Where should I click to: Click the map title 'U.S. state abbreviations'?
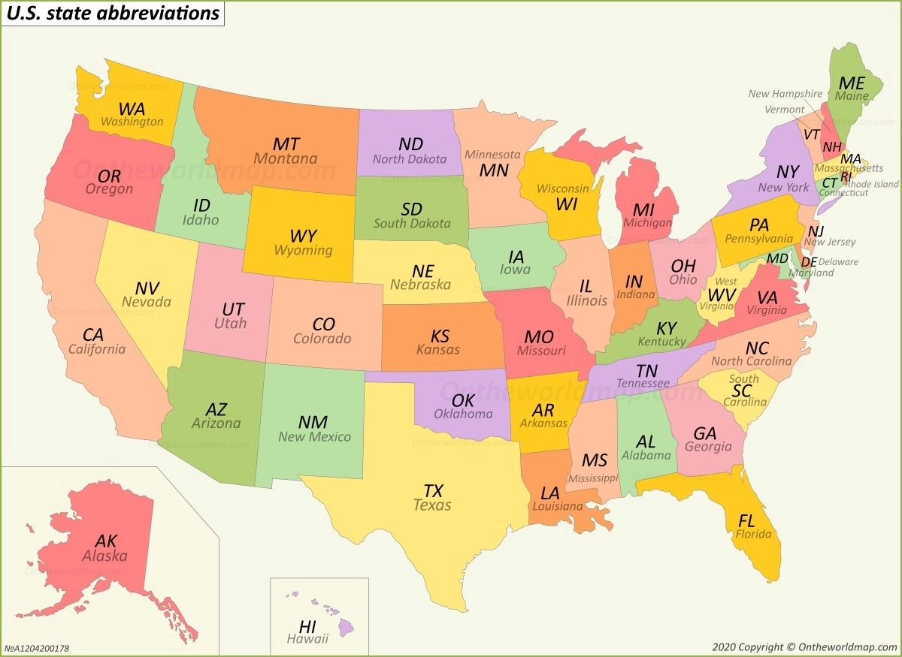113,14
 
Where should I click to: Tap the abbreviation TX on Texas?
433,491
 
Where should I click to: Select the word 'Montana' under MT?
285,159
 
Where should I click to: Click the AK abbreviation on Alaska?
106,541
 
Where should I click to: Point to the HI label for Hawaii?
307,626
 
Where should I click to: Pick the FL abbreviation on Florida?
746,520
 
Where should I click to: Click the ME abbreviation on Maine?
852,83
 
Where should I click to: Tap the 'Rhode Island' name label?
871,184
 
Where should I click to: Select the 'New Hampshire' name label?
785,94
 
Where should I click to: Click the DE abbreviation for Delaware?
809,262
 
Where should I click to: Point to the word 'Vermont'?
784,110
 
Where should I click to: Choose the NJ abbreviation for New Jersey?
816,231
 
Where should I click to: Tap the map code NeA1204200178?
37,648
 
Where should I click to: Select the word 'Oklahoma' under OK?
463,414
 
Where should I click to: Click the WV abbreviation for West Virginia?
722,294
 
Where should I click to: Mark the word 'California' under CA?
97,349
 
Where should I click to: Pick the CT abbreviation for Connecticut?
829,182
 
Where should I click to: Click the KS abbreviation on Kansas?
440,336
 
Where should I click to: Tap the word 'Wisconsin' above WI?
562,188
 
